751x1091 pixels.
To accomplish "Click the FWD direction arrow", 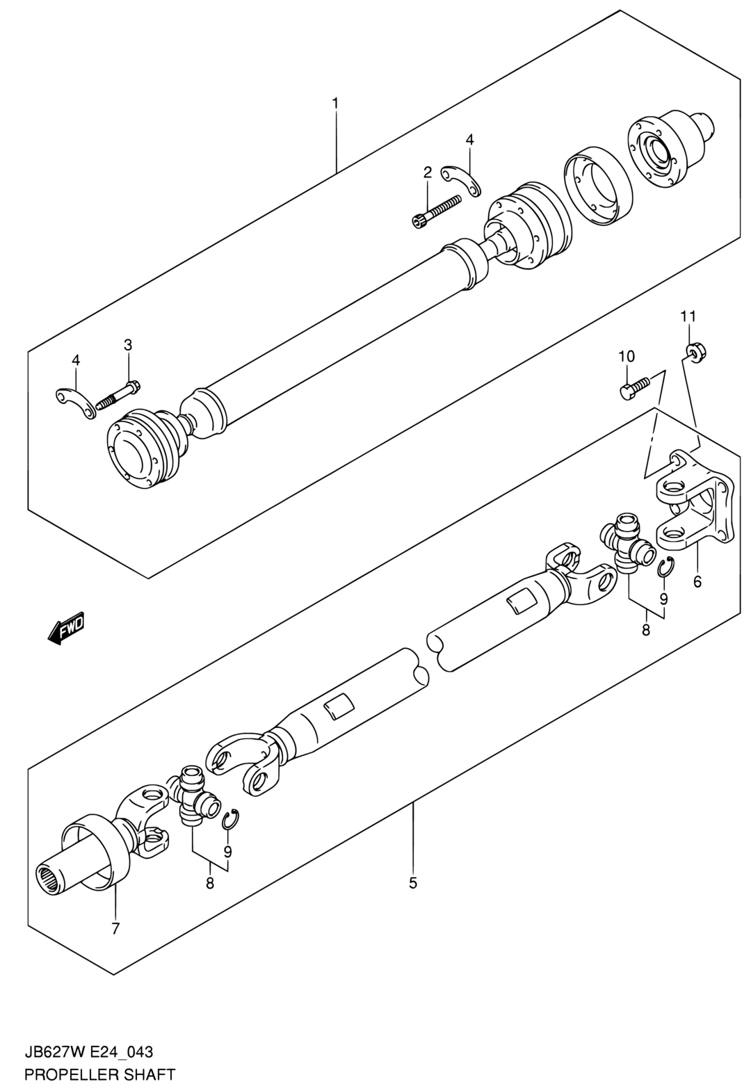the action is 66,627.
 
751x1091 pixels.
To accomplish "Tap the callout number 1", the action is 335,103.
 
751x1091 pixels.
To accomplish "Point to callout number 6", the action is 697,581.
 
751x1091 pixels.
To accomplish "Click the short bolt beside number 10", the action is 636,388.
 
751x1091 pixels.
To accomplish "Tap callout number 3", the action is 128,346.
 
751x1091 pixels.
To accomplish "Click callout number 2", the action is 427,172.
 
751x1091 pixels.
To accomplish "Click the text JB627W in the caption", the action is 49,1049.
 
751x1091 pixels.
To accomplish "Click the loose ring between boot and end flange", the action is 598,186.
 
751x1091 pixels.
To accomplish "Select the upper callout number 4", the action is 469,140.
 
